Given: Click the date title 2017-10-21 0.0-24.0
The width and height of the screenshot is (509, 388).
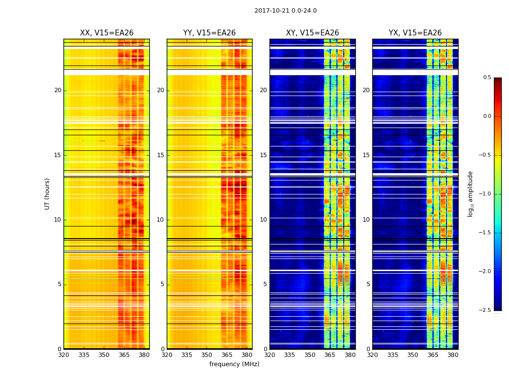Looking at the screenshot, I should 286,11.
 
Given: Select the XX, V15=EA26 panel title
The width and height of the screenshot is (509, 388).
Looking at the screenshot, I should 107,33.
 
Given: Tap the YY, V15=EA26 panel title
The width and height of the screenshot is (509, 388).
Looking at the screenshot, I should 209,33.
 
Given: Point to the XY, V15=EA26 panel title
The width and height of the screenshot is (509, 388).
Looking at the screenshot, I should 312,33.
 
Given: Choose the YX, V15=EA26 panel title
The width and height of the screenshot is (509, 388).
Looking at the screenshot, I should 415,33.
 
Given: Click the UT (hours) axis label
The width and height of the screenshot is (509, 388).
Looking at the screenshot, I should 48,194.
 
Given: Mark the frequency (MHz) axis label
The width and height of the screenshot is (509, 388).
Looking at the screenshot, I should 234,364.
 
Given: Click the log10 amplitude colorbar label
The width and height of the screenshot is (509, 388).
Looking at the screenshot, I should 470,194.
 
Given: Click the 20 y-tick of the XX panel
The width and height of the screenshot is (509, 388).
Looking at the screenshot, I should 58,90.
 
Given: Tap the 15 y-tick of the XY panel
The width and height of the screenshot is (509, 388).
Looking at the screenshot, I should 263,155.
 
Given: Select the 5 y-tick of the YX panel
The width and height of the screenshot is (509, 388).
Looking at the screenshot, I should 368,284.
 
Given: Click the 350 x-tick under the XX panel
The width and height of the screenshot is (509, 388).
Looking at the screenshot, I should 104,355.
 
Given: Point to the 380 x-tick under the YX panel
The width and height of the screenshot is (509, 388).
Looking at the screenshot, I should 453,355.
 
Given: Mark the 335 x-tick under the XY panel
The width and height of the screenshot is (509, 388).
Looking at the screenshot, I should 289,355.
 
